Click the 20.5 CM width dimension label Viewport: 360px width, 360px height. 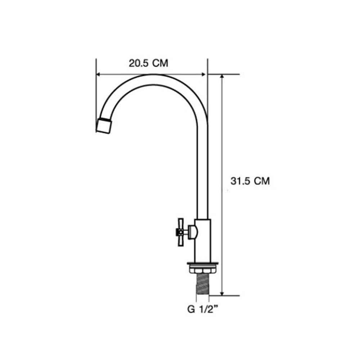[x=148, y=63]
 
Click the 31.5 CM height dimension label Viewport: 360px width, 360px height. [x=250, y=181]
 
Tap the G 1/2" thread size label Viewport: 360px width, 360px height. [x=202, y=310]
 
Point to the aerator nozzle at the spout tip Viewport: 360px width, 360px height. [x=104, y=126]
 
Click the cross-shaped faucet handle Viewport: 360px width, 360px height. [x=181, y=232]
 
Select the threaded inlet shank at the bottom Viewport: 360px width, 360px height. [x=202, y=284]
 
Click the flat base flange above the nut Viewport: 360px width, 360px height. [x=202, y=264]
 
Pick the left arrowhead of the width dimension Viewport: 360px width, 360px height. [x=99, y=74]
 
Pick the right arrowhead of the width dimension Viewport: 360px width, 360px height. [x=203, y=74]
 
